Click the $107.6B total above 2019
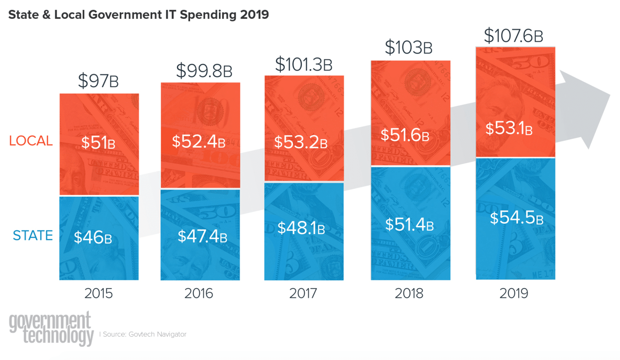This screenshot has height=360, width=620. tap(513, 36)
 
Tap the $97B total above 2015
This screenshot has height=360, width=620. tap(98, 81)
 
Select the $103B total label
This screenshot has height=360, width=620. tap(409, 48)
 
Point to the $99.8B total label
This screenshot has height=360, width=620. tap(204, 71)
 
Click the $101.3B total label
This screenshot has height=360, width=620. tap(304, 64)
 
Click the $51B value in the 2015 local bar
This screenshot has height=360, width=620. tap(98, 143)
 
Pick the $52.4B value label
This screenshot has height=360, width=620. tap(199, 141)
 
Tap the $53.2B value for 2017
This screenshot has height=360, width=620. tap(301, 142)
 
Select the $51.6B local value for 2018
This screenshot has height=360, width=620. tap(405, 135)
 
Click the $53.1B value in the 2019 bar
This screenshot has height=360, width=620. tap(509, 129)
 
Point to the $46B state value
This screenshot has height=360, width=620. tap(93, 237)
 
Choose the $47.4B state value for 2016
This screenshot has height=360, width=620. tap(202, 236)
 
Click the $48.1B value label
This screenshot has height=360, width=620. tap(301, 228)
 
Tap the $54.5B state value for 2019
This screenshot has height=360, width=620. tap(516, 217)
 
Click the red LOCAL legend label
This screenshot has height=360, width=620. tap(31, 141)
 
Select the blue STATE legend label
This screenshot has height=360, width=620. tap(33, 236)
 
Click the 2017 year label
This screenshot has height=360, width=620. tap(303, 293)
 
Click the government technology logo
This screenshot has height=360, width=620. tap(51, 329)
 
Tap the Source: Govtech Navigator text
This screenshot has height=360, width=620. tap(144, 334)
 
